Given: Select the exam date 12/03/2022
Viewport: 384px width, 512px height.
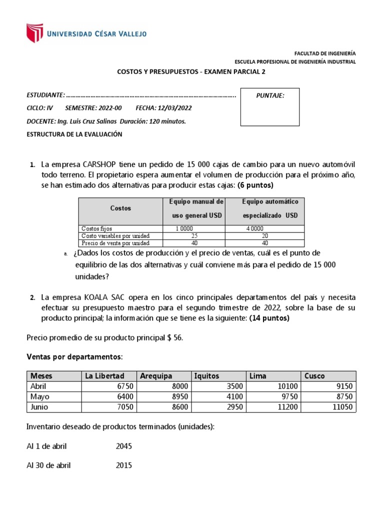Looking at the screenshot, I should pyautogui.click(x=173, y=108).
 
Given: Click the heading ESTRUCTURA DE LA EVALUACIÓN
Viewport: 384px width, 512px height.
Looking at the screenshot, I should pyautogui.click(x=74, y=134).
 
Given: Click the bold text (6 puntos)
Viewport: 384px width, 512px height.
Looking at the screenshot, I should pyautogui.click(x=255, y=185).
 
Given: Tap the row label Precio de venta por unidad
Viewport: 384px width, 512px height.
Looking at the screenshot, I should pyautogui.click(x=108, y=242).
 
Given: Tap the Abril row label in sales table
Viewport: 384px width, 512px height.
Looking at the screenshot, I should pyautogui.click(x=38, y=386).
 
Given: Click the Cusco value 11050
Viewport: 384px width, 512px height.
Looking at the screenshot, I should pyautogui.click(x=342, y=407).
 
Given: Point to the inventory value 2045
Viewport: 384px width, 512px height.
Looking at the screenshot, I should pyautogui.click(x=124, y=446).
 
